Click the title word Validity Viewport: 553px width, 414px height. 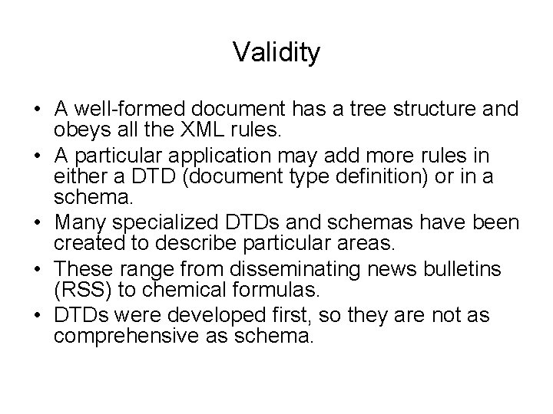coord(276,53)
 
